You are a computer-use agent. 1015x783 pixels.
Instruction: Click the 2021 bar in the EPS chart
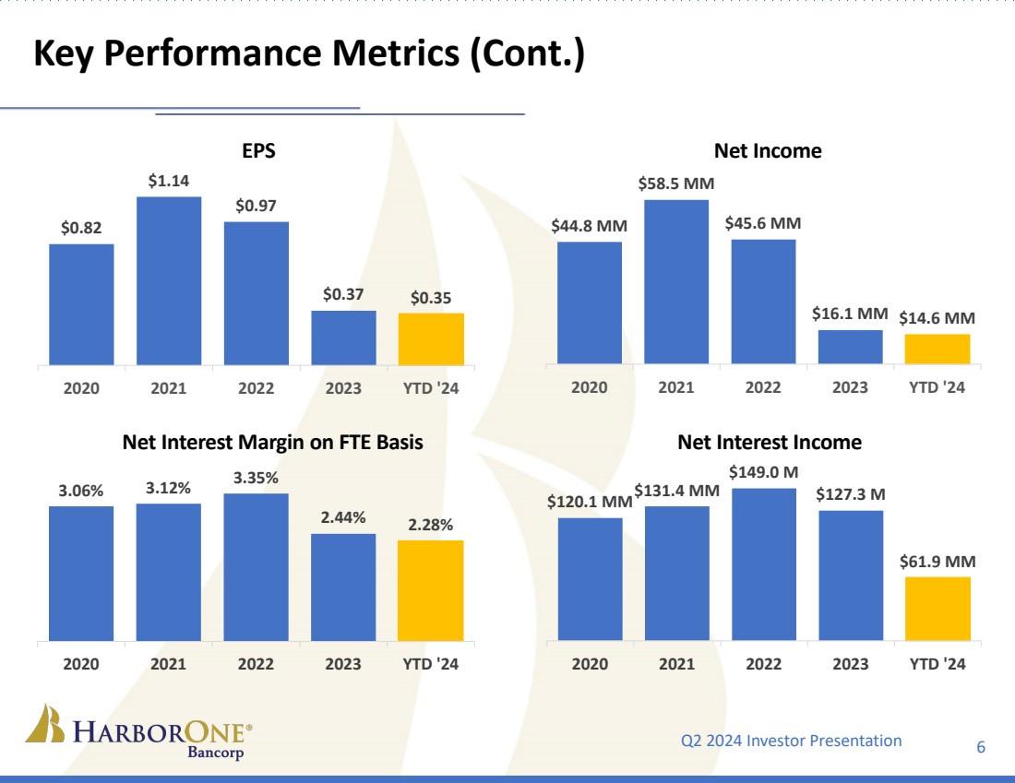coord(169,280)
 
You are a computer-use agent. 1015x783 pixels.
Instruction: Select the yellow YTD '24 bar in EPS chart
coord(431,338)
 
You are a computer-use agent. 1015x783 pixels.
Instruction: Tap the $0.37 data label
coord(343,295)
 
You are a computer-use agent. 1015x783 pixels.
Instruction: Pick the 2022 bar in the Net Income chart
coord(763,301)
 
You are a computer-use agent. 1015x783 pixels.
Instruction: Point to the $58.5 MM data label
coord(675,184)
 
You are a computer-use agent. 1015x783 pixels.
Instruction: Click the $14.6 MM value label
coord(937,317)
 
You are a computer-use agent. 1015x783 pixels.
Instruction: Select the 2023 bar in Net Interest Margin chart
coord(343,587)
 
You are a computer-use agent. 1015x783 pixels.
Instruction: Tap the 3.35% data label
coord(256,478)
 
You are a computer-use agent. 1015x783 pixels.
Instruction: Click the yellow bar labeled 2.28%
coord(431,590)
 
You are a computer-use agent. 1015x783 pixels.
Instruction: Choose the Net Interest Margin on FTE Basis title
coord(272,443)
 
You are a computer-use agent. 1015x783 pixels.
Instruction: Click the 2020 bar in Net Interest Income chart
coord(590,578)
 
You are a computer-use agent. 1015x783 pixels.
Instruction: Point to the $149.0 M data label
coord(763,472)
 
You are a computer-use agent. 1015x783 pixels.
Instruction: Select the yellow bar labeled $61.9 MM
coord(937,608)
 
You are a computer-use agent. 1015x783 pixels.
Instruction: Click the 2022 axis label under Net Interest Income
coord(763,663)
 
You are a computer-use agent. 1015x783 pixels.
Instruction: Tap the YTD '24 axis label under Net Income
coord(937,387)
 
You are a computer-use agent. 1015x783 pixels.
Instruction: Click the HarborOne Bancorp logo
coord(138,734)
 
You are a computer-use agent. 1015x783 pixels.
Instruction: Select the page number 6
coord(981,747)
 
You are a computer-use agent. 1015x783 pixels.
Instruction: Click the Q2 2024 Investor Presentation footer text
coord(791,741)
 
